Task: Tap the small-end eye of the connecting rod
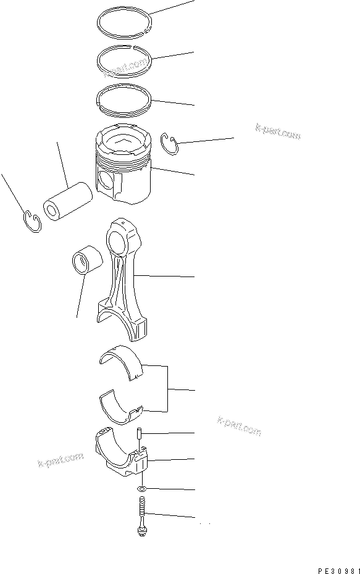[x=119, y=235]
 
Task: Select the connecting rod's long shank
[x=123, y=275]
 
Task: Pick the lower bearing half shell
[x=121, y=402]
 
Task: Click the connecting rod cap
[x=121, y=454]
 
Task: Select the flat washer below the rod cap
[x=142, y=489]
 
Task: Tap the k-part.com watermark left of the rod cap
[x=61, y=459]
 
